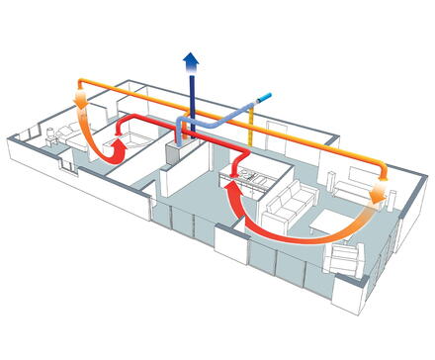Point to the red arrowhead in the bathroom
[x=118, y=147]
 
